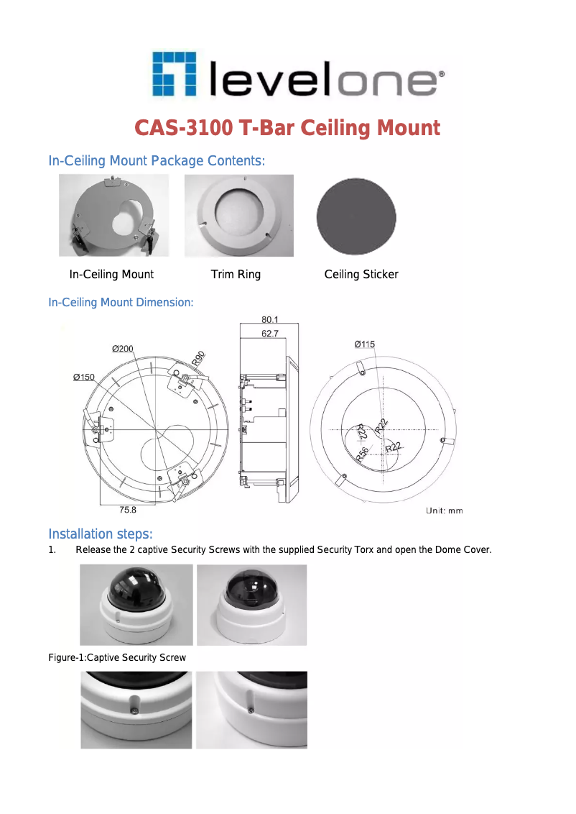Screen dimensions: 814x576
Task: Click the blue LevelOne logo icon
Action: (174, 73)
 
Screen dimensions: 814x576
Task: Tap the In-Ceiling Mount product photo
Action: (113, 216)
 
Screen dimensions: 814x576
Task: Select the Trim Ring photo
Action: (238, 216)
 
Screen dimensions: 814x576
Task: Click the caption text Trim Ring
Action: (236, 275)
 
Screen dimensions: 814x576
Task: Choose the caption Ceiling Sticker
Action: (361, 275)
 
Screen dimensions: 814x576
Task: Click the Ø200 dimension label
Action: (122, 349)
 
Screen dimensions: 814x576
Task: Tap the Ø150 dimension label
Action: (84, 377)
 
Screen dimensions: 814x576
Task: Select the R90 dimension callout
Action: (199, 358)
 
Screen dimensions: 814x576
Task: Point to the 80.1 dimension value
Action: (270, 319)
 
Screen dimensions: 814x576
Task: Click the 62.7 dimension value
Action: (270, 333)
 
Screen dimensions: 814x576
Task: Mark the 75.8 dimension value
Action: (126, 510)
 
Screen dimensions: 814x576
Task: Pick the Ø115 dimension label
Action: (364, 344)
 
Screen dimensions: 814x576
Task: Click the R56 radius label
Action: (363, 452)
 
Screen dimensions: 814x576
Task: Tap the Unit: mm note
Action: (445, 511)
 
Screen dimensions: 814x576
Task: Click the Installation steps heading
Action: (100, 534)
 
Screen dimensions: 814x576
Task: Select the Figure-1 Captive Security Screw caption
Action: (117, 657)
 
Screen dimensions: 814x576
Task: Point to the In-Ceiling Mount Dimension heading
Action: (121, 303)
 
